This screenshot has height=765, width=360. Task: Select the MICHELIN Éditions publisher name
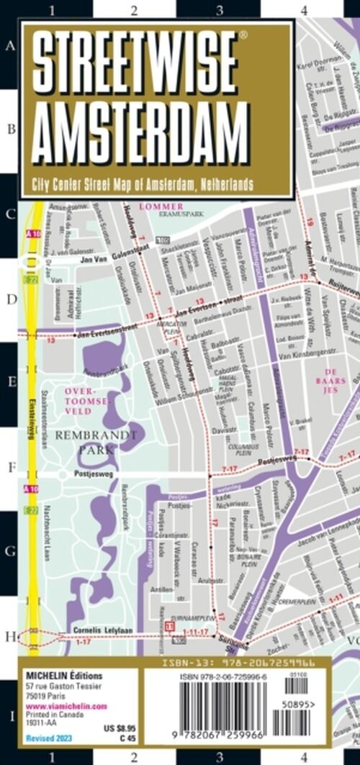pyautogui.click(x=64, y=676)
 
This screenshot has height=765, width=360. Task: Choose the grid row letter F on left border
pyautogui.click(x=9, y=467)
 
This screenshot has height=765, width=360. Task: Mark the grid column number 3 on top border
pyautogui.click(x=219, y=10)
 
